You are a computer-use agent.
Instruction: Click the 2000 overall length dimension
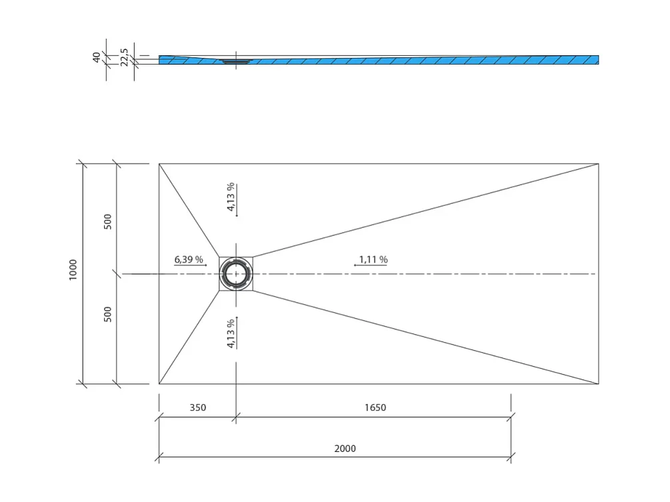pos(345,449)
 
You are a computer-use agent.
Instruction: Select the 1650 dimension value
pos(375,408)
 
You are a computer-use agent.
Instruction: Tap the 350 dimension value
pos(197,408)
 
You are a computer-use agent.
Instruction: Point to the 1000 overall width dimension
pos(73,270)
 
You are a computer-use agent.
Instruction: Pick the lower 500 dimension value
pos(108,313)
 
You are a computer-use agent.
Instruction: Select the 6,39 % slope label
pos(189,259)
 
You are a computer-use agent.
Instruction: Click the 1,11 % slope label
pos(373,259)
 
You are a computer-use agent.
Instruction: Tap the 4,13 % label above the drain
pos(231,197)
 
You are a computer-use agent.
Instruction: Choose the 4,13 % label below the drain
pos(231,333)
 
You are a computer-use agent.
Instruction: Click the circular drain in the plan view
pos(235,274)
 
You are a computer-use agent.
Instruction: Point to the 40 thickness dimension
pos(97,58)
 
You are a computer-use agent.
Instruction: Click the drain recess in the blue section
pos(235,61)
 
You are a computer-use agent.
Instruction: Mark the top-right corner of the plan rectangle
pos(598,163)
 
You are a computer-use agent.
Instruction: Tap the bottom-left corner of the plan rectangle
pos(159,384)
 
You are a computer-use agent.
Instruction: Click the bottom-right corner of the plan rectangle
pos(598,384)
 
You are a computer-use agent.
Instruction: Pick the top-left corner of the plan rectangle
pos(159,163)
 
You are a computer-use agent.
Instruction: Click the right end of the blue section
pos(597,60)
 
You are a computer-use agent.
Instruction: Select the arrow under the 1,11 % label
pos(370,266)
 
